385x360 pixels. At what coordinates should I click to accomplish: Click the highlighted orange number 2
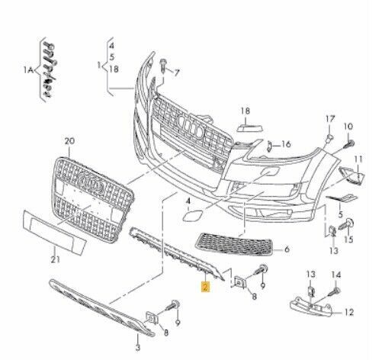tap(205, 287)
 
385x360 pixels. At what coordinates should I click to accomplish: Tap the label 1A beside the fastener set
tap(28, 70)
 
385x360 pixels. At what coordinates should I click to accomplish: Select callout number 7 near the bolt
tap(176, 72)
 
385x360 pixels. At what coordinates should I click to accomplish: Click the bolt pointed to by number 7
tap(163, 66)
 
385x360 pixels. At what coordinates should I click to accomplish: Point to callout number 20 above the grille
tap(69, 141)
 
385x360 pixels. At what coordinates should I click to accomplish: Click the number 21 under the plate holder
tap(56, 259)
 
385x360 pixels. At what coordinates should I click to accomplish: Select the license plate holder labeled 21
tap(54, 232)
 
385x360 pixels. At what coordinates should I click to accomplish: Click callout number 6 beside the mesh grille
tap(287, 249)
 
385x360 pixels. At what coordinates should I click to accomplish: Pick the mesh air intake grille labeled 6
tap(234, 244)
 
